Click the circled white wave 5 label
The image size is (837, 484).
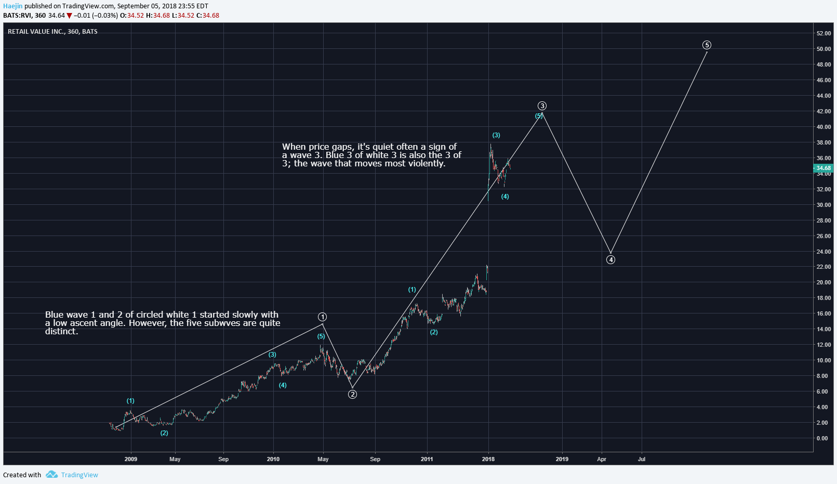(x=707, y=45)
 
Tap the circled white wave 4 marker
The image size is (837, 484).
(x=611, y=259)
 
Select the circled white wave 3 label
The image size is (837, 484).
(x=542, y=106)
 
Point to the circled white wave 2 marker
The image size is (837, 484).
(x=352, y=395)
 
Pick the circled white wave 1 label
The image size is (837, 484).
(x=323, y=317)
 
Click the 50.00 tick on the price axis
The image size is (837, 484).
(x=823, y=49)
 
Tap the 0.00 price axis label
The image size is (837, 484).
(x=822, y=438)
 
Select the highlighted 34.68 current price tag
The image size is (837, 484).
(x=823, y=168)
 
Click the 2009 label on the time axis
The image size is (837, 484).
(x=131, y=459)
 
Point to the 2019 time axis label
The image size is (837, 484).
(x=562, y=459)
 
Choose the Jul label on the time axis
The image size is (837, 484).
(x=642, y=459)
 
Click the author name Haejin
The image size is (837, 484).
(x=13, y=6)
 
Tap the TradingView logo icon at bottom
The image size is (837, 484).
(x=51, y=475)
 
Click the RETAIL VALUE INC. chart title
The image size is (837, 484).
(x=52, y=32)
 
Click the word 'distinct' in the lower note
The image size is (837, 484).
(x=61, y=331)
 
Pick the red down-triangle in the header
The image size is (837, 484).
(x=69, y=16)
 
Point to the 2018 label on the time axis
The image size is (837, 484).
(x=488, y=459)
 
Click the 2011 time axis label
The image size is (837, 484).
(x=427, y=459)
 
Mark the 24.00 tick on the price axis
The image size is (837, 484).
(x=823, y=252)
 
